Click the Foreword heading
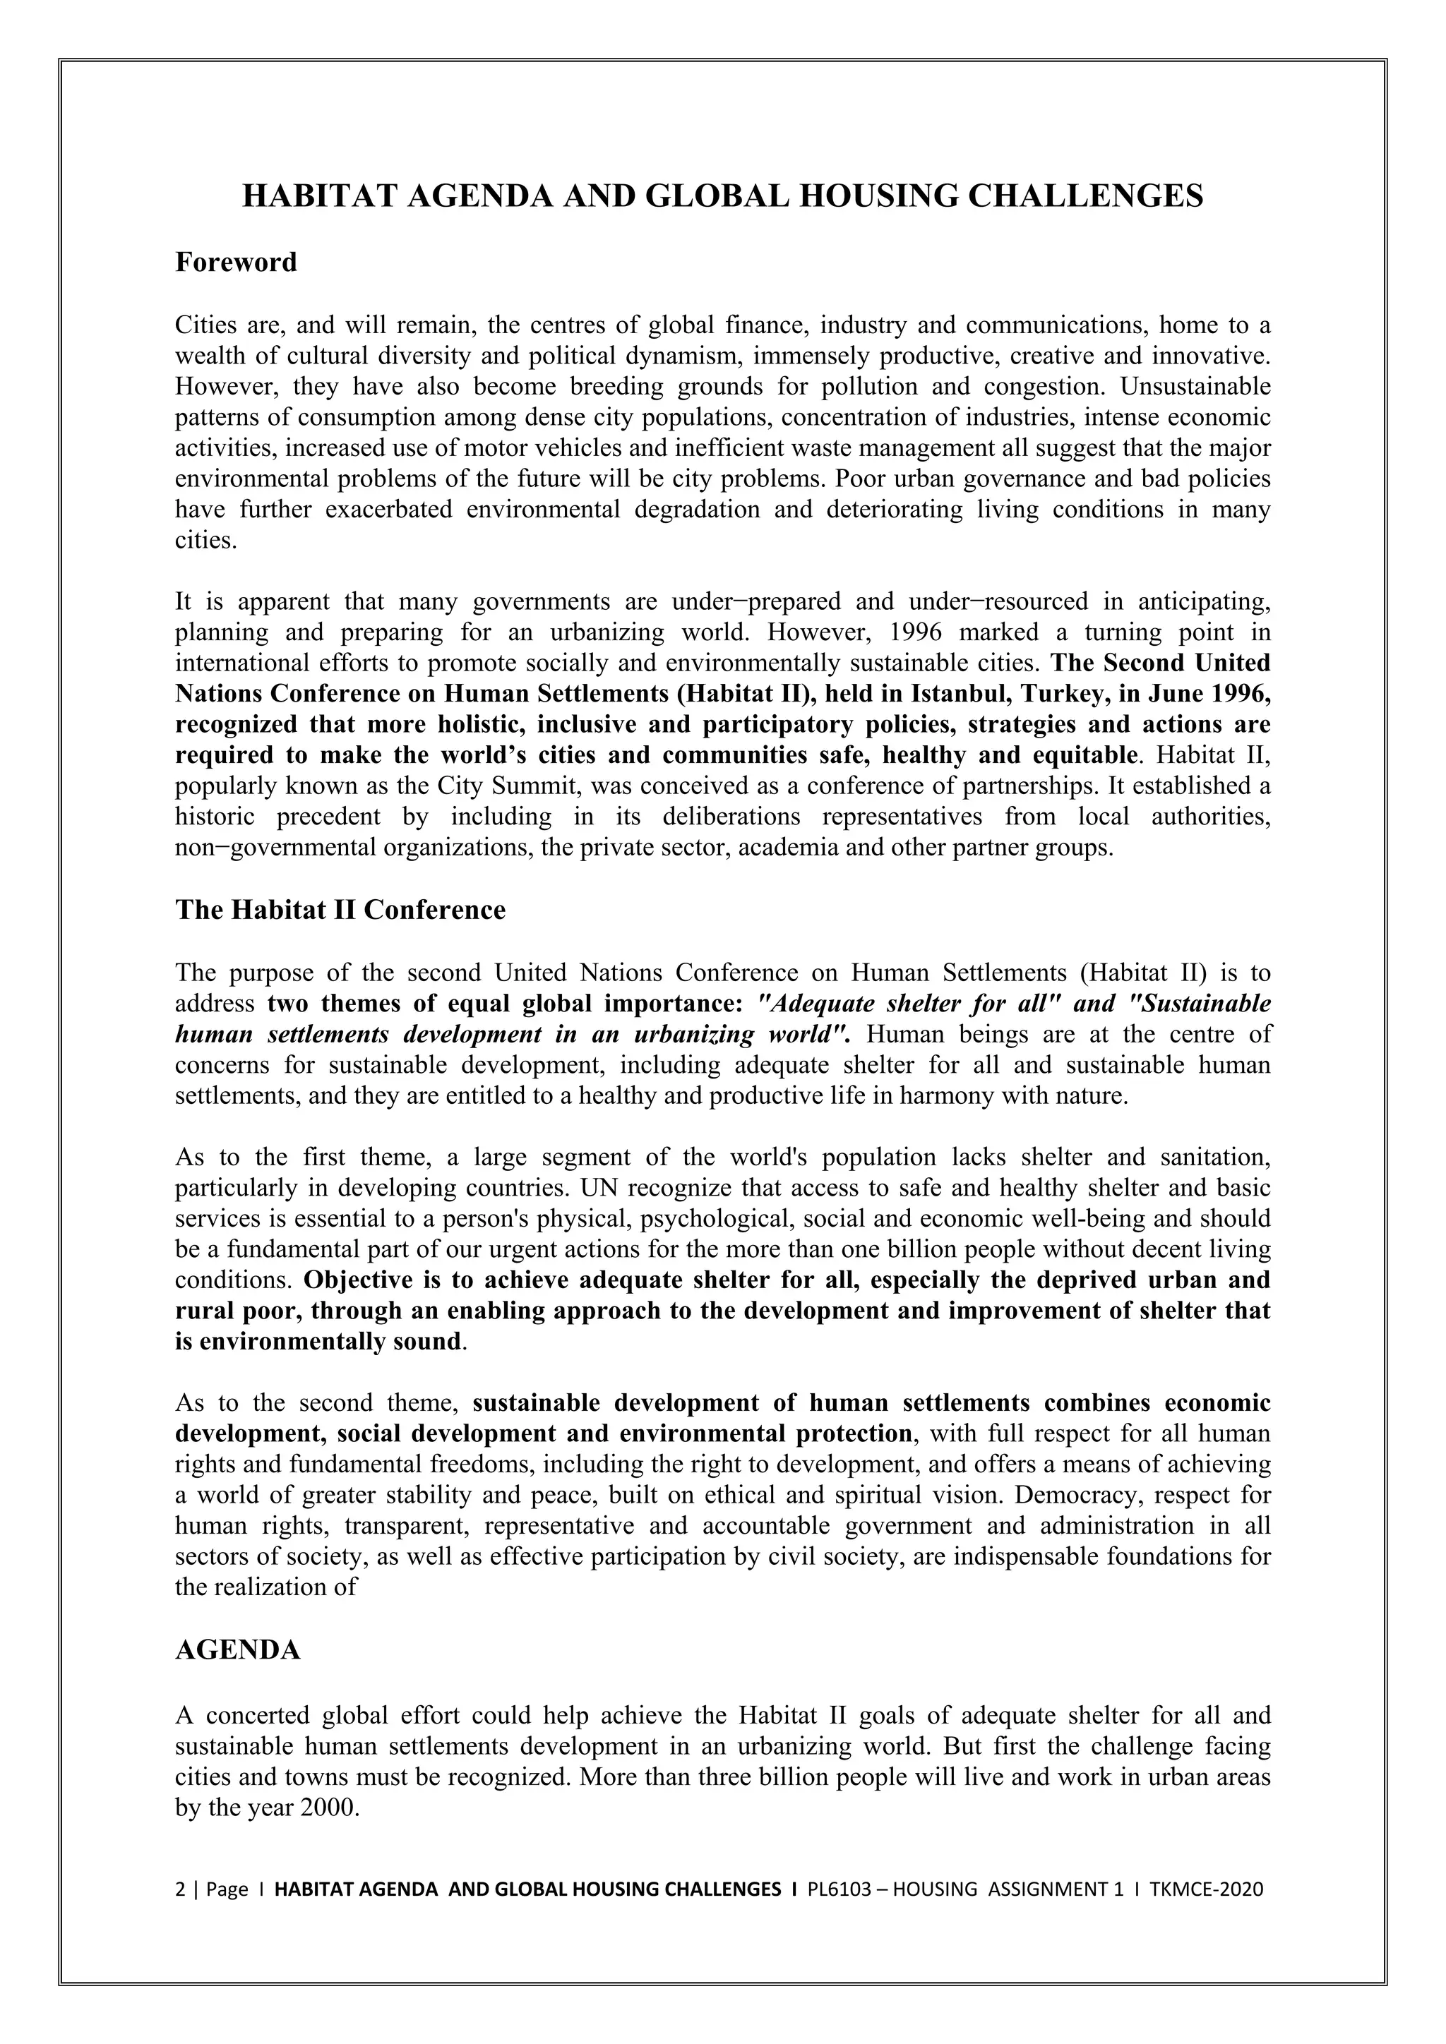click(236, 263)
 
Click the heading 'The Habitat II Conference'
click(340, 910)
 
